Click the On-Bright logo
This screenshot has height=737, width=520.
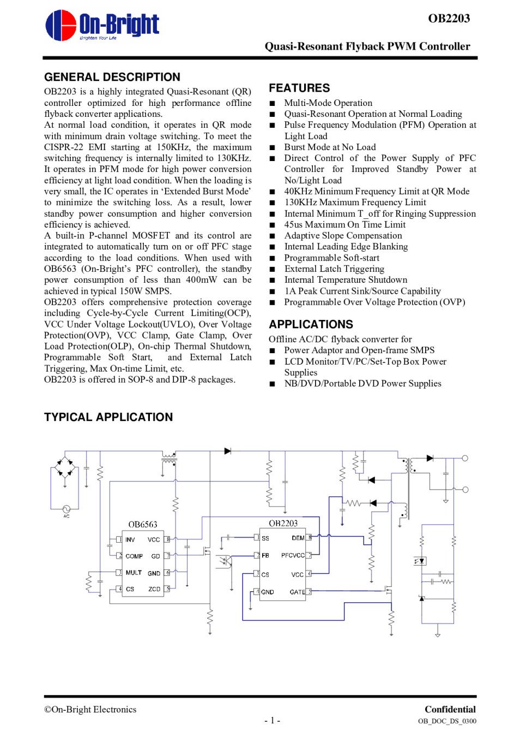click(102, 26)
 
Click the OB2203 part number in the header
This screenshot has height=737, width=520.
click(449, 19)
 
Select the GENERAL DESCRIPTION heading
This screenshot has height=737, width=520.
click(112, 77)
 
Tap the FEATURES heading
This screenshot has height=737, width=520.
click(299, 88)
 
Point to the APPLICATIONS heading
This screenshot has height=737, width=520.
click(311, 324)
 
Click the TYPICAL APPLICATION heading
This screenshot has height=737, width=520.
click(108, 417)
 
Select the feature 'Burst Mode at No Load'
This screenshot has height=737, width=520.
click(330, 147)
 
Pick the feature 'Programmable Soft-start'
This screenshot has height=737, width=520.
click(331, 258)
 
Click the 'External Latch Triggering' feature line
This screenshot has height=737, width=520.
click(334, 269)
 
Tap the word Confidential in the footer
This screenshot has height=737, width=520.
click(450, 709)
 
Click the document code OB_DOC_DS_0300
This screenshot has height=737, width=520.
click(447, 721)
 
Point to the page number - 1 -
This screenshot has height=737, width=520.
click(272, 721)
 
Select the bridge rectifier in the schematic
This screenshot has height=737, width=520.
click(65, 468)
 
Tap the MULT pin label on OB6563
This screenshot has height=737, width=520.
click(134, 573)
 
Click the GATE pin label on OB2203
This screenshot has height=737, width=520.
click(297, 592)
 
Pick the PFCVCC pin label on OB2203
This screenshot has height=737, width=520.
click(293, 555)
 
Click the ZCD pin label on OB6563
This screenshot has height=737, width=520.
click(154, 589)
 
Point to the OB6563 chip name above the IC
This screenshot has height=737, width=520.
click(143, 525)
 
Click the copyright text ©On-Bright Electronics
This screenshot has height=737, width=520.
click(90, 709)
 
